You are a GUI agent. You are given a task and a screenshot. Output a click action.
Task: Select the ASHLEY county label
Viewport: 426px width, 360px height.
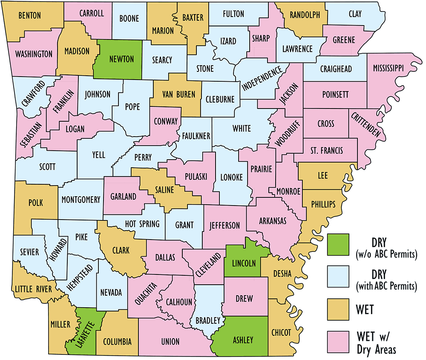[242, 340]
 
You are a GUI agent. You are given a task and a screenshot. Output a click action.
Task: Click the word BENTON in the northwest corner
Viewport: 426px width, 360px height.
[29, 16]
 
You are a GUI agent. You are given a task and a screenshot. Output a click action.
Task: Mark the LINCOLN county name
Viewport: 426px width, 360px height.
[244, 263]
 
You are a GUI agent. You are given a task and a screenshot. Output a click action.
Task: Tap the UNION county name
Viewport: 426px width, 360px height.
[170, 341]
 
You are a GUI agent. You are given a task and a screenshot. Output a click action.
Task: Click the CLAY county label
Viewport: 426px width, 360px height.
[355, 14]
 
